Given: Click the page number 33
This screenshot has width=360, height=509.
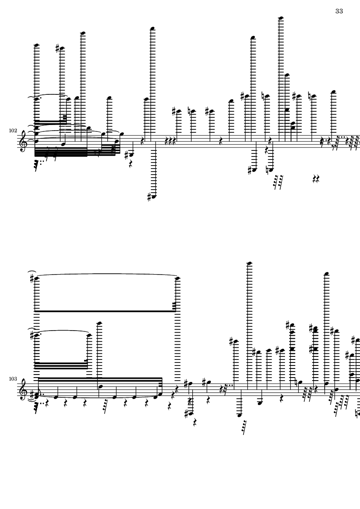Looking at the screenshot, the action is point(339,11).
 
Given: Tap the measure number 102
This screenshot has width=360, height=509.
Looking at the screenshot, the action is point(13,131).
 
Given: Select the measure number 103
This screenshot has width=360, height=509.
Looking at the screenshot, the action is point(13,379).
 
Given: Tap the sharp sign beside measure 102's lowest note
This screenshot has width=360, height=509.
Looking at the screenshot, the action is point(149,197).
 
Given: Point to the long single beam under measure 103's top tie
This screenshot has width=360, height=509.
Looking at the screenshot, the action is point(105,311).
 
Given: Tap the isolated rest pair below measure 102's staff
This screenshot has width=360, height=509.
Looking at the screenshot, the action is point(316,178).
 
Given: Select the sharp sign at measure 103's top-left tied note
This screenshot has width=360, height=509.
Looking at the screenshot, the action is point(32,278).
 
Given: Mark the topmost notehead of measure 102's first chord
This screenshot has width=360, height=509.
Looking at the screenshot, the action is point(37,45).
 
